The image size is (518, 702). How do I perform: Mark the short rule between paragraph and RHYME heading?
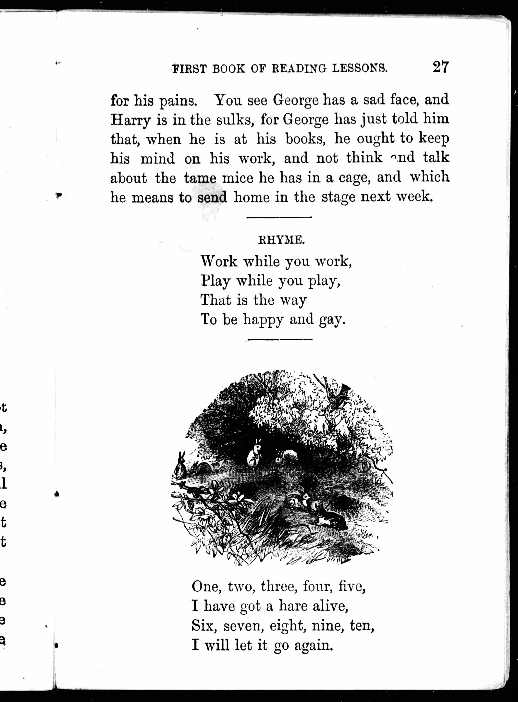279,217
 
